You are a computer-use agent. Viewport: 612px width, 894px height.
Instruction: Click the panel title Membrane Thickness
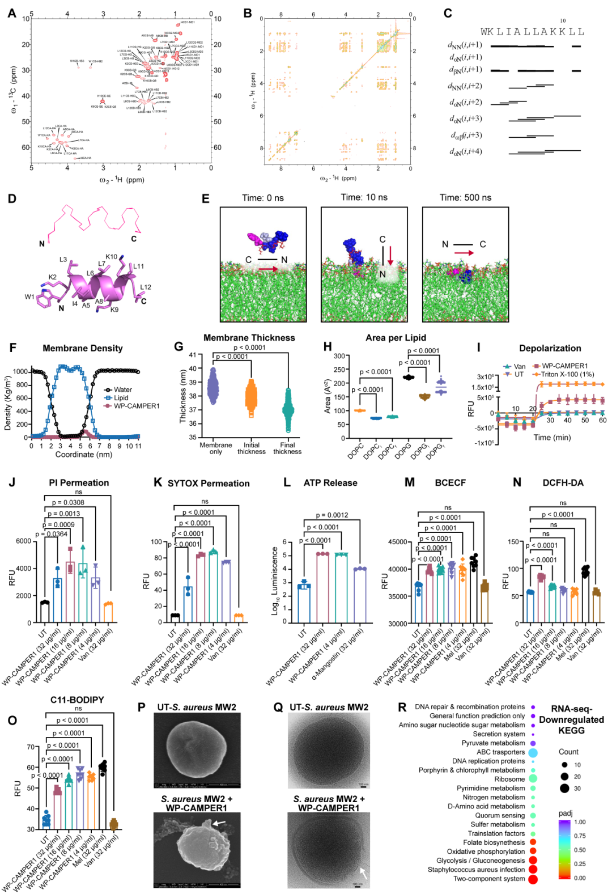click(249, 338)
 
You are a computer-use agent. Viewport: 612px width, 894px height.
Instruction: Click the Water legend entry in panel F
click(122, 389)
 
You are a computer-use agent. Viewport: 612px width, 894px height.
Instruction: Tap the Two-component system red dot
click(533, 879)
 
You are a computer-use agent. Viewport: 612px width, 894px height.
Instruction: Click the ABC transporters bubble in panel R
click(533, 752)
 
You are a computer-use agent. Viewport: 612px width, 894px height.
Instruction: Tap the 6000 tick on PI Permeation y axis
click(23, 541)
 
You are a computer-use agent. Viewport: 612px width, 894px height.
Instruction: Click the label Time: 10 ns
click(364, 198)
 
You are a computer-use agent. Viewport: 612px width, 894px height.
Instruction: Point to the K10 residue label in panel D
click(111, 257)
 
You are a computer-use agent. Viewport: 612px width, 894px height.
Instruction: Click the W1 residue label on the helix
click(29, 296)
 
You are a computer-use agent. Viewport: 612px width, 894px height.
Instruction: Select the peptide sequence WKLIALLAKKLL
click(532, 32)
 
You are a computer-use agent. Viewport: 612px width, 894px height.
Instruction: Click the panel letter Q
click(278, 707)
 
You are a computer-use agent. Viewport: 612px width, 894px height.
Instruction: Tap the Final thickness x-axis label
click(287, 448)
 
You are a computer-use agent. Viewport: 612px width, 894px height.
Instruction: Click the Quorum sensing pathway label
click(500, 815)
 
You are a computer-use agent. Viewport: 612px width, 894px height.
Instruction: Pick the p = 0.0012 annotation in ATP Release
click(331, 515)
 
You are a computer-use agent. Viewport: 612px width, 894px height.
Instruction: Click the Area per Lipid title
click(396, 338)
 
